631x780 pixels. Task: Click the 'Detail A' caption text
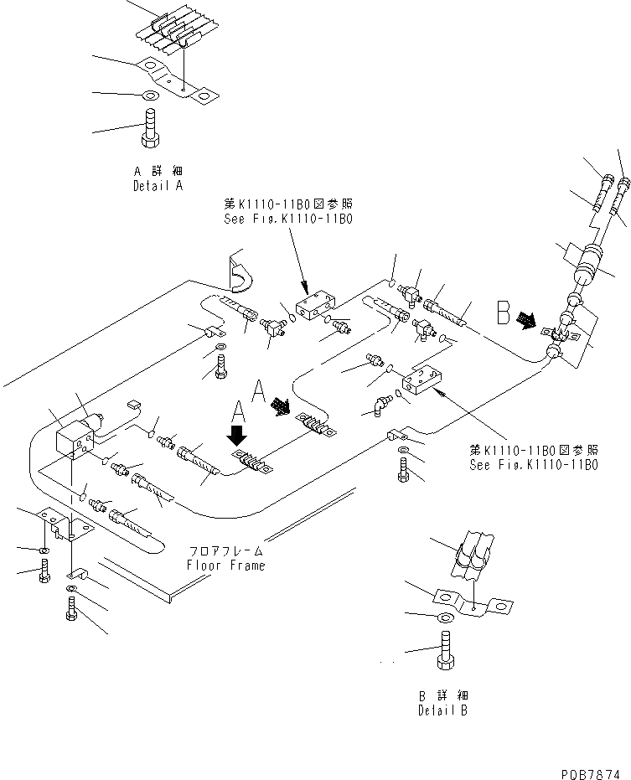tap(158, 186)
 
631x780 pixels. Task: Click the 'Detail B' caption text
tap(443, 710)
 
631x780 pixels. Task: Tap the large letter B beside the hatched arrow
tap(503, 313)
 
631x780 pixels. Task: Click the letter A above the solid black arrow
tap(239, 411)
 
